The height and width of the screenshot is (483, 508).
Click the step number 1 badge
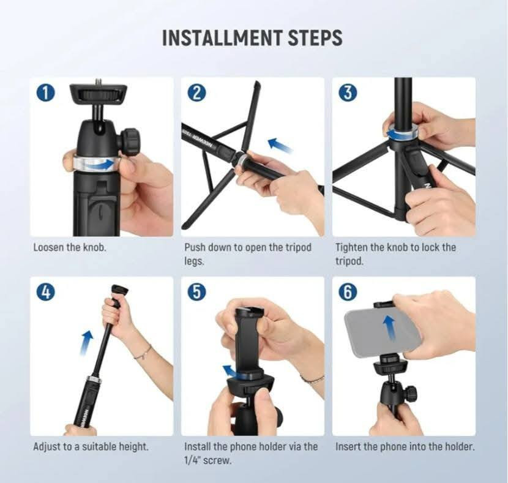pos(46,92)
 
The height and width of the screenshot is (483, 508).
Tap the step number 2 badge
pos(197,92)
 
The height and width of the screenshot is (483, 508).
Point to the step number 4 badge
pos(46,292)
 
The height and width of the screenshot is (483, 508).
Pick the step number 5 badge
pos(197,292)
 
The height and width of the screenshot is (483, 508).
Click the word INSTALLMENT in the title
pos(222,38)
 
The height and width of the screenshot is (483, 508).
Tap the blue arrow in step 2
pos(280,145)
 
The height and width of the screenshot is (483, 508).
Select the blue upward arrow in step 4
pos(86,343)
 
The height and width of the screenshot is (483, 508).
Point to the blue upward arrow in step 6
pos(389,328)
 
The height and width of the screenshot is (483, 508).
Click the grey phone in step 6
pos(383,332)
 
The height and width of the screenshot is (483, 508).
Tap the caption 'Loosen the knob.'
pos(70,247)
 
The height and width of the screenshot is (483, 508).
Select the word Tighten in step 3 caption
pos(351,247)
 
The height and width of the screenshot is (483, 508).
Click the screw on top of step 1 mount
pos(99,81)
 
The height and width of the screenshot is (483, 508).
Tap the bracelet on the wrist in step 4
pos(143,353)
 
